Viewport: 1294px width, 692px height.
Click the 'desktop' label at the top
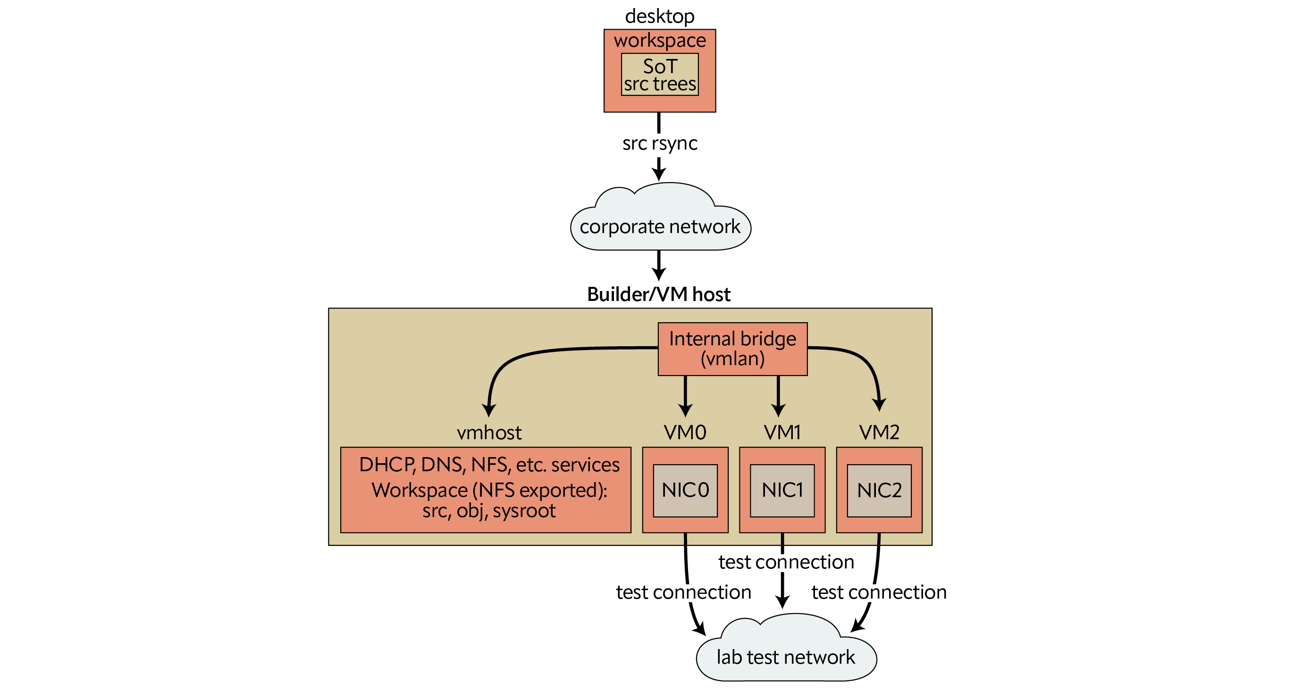click(x=659, y=16)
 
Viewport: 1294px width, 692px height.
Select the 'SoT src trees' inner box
click(x=660, y=75)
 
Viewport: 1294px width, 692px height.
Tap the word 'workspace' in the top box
click(x=660, y=40)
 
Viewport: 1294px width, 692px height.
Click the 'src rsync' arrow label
click(x=660, y=143)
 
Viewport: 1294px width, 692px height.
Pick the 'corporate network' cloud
click(x=660, y=226)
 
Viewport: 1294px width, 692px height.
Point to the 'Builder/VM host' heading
click(x=658, y=294)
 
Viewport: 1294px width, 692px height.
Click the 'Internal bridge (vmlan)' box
click(x=732, y=349)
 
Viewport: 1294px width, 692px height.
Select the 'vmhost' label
click(x=489, y=433)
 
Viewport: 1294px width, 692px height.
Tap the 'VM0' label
click(x=685, y=433)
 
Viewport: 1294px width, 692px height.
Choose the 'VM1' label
click(x=781, y=433)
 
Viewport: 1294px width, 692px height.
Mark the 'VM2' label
click(x=879, y=433)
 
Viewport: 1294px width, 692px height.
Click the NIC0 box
click(x=685, y=490)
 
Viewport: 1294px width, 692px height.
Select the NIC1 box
click(x=781, y=490)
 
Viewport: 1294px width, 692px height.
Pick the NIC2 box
click(x=879, y=490)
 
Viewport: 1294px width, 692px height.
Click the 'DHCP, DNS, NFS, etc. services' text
click(x=489, y=465)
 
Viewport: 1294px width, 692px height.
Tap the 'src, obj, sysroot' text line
click(x=489, y=511)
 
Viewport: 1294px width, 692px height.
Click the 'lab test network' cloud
click(x=785, y=657)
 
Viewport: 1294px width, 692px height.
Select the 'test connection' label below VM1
click(x=786, y=562)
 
